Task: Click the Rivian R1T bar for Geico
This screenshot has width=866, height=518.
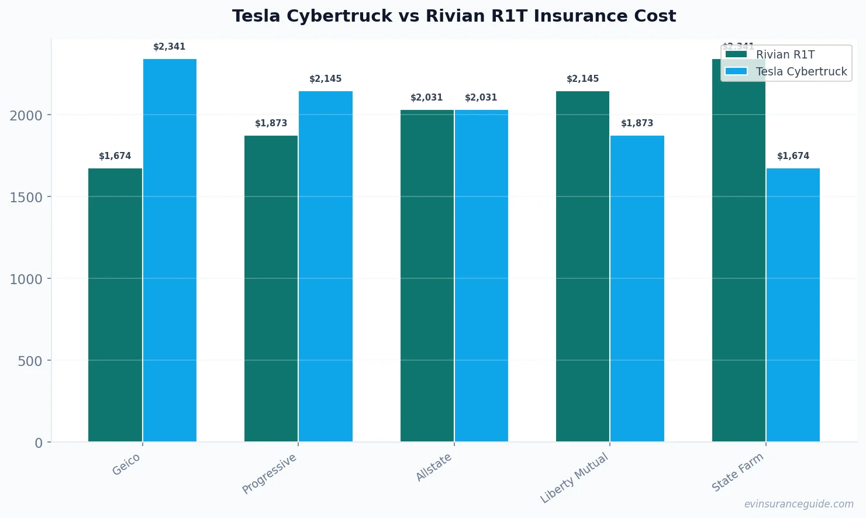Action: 115,305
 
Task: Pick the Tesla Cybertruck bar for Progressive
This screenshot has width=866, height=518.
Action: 326,266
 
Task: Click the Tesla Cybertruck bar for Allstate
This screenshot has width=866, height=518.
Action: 481,275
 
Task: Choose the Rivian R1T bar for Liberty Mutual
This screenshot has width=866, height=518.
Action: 582,266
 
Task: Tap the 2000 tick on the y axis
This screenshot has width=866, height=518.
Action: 26,115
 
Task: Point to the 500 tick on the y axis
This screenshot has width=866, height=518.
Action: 30,361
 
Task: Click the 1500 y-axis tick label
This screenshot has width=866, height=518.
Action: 26,197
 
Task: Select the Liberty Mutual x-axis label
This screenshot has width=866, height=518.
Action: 574,478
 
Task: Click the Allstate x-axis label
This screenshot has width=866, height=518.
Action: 434,467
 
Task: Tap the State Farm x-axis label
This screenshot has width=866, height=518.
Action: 737,472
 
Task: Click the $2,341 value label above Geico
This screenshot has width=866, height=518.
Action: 169,47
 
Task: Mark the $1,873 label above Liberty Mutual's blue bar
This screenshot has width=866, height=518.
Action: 637,123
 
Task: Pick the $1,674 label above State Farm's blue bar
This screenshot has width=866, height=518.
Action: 793,156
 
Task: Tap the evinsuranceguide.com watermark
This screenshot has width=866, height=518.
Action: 798,504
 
